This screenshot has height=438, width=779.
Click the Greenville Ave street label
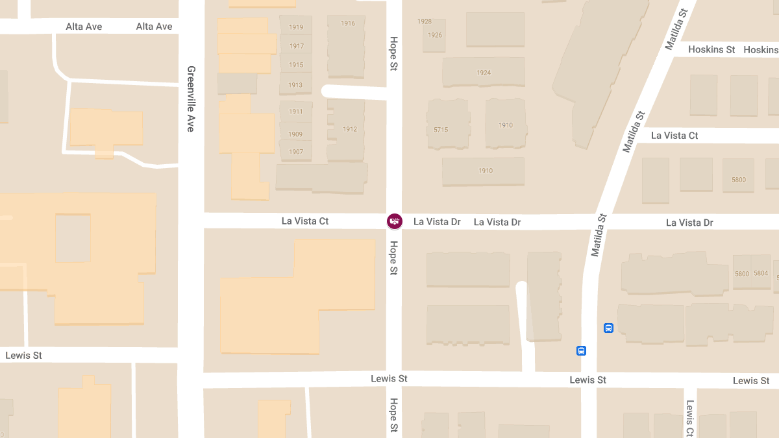tap(191, 99)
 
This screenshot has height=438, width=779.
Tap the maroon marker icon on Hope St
tap(394, 221)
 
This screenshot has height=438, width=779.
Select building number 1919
tap(296, 27)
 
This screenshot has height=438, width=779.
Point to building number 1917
tap(297, 46)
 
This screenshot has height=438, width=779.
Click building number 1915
tap(296, 65)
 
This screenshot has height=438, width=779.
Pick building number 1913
tap(295, 85)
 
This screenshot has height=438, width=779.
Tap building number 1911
tap(296, 112)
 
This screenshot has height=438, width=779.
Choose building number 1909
tap(296, 134)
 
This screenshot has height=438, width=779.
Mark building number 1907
tap(296, 152)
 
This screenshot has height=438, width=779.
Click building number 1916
tap(348, 23)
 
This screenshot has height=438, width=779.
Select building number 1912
tap(350, 129)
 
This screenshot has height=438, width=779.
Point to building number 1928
tap(425, 21)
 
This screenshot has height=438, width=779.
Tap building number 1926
tap(435, 35)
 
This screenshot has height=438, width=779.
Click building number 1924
tap(484, 73)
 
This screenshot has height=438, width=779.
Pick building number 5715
tap(441, 130)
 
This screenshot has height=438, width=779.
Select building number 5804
tap(761, 274)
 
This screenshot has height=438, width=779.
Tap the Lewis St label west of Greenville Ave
tap(23, 356)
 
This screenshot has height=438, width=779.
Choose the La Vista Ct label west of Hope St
tap(305, 221)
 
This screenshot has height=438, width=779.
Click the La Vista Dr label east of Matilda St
tap(689, 223)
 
